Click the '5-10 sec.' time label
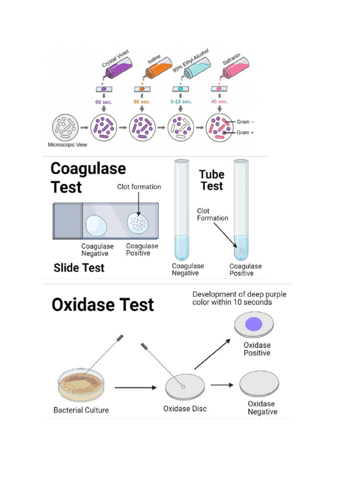(x=180, y=102)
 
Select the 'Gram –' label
(x=246, y=122)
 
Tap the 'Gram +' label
(x=246, y=133)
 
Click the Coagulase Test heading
(x=88, y=178)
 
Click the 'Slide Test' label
(x=79, y=268)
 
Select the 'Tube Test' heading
(x=211, y=180)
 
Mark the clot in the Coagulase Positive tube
(x=241, y=250)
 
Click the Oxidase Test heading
(x=103, y=305)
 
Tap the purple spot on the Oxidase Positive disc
(x=254, y=324)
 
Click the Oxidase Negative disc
(x=259, y=383)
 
